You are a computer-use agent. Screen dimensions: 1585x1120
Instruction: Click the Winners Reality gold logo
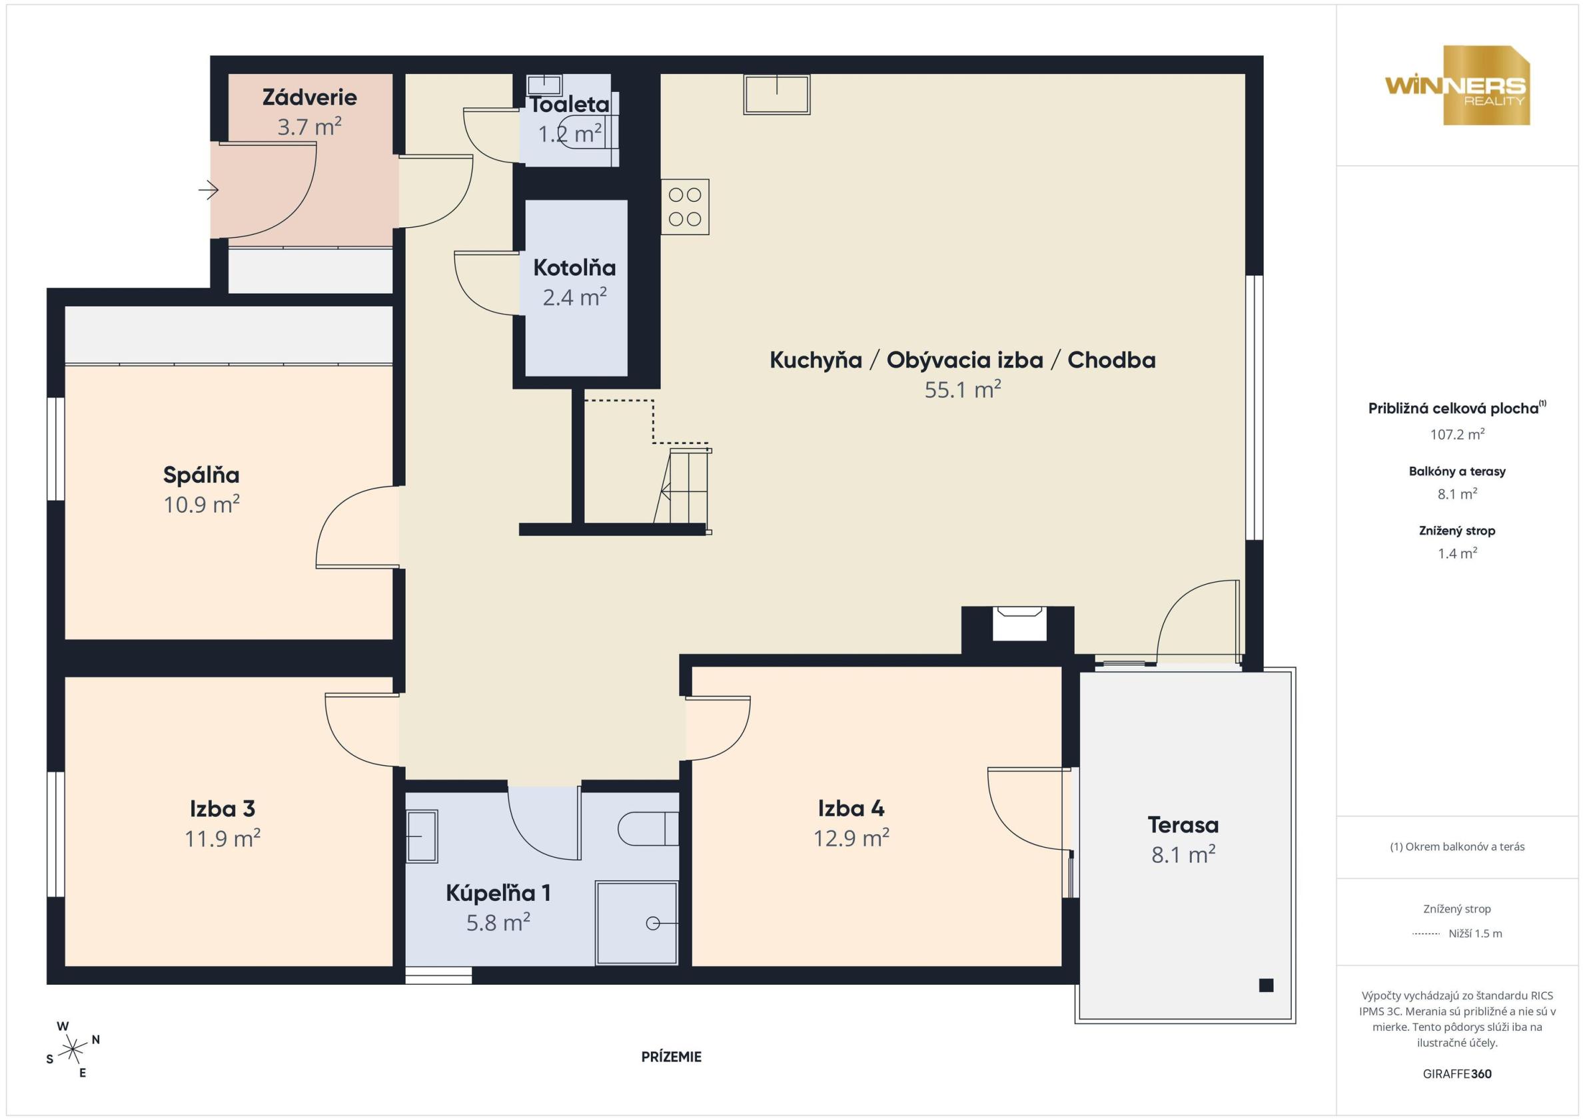point(1456,86)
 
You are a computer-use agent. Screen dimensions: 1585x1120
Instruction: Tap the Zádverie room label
point(309,97)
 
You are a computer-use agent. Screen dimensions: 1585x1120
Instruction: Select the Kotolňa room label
point(574,267)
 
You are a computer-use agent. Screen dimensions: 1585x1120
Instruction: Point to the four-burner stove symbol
point(685,207)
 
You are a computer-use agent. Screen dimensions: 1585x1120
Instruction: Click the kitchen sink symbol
point(777,95)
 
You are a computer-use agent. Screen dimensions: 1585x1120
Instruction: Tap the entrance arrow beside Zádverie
point(209,189)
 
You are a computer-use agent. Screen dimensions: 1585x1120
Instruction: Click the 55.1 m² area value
point(963,390)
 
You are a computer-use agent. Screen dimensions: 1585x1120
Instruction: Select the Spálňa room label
point(201,475)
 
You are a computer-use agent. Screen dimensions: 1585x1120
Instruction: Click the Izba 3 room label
point(223,808)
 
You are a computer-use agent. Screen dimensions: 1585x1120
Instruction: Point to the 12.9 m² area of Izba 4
point(851,838)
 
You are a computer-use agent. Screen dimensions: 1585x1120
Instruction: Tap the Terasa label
point(1183,824)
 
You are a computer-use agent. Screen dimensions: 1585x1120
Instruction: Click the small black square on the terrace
point(1266,985)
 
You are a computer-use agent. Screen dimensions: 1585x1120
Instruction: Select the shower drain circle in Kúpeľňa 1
point(652,924)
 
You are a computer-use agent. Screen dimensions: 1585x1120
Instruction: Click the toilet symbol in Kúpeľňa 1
point(648,829)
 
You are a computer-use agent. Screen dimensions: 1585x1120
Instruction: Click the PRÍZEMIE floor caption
point(671,1057)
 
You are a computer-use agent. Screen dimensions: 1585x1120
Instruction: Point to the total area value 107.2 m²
point(1457,434)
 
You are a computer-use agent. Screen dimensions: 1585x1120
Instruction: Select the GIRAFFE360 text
point(1457,1074)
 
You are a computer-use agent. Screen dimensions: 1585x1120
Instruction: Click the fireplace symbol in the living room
point(1019,623)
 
